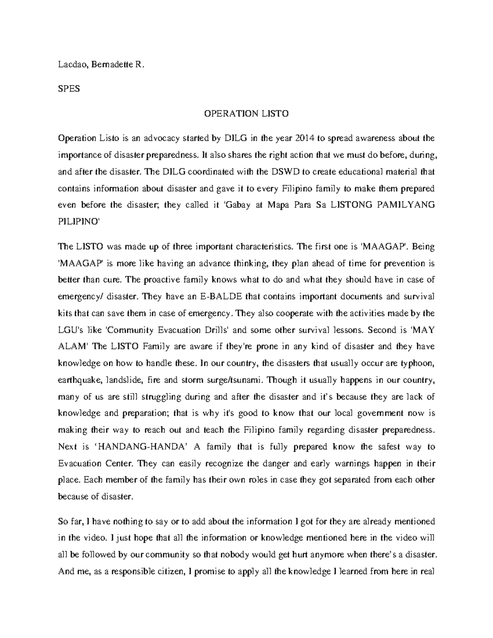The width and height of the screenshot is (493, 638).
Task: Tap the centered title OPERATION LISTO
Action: point(246,114)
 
